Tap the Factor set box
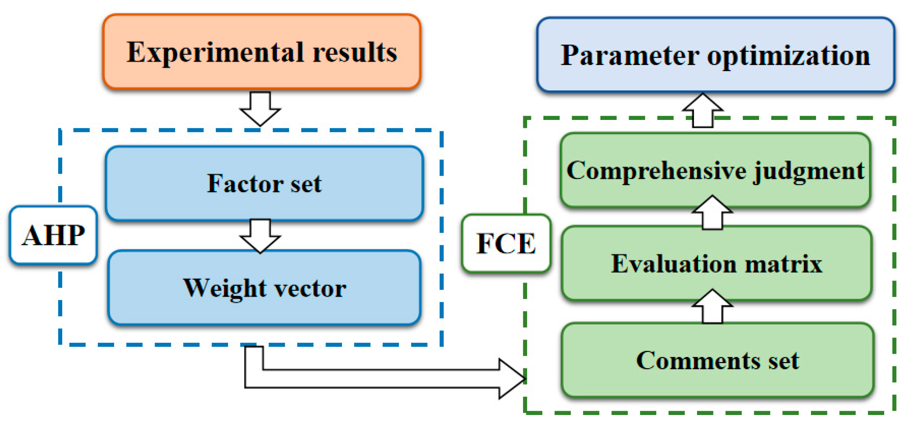click(264, 183)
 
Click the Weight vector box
click(264, 288)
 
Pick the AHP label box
click(53, 235)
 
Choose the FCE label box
click(506, 243)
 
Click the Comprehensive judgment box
click(715, 171)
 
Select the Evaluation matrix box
click(716, 264)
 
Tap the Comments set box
click(717, 360)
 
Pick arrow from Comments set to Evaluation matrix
click(712, 306)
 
